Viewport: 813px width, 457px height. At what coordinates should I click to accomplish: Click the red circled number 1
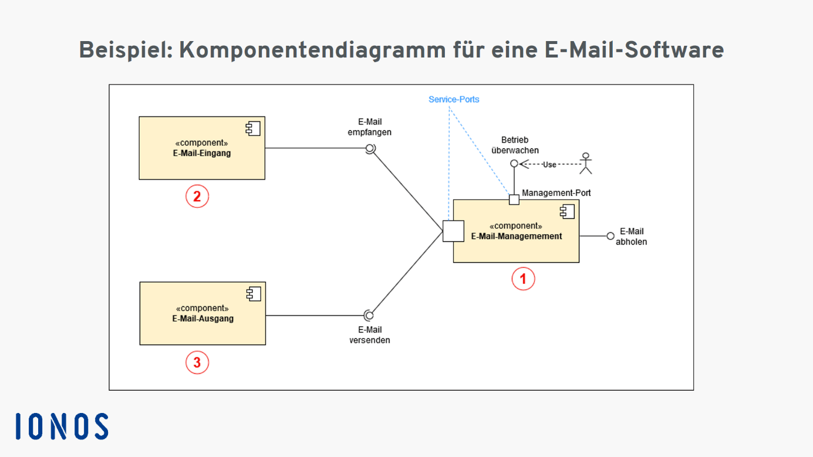pos(523,279)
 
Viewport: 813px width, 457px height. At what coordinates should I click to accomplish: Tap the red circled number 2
pos(197,196)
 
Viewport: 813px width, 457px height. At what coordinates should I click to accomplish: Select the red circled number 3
pos(197,363)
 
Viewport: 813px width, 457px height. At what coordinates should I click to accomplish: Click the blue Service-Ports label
pos(454,99)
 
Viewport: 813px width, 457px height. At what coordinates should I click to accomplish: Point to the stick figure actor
pos(585,164)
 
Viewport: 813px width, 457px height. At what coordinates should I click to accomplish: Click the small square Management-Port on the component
pos(514,199)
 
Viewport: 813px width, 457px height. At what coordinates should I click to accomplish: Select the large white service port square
pos(453,231)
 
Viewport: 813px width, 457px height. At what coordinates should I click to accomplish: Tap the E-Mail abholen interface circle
pos(610,236)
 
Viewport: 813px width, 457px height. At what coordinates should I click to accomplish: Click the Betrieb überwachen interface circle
pos(514,164)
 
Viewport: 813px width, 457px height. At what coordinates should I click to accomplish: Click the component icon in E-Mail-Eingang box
pos(253,128)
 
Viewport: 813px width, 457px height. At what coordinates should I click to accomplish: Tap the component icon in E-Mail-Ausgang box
pos(254,294)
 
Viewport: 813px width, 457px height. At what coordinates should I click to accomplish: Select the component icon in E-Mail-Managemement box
pos(567,211)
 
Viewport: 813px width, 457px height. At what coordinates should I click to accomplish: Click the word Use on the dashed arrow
pos(549,165)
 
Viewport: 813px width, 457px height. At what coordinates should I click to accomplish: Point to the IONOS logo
pos(62,426)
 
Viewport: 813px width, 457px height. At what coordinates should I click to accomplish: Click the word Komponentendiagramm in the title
pos(312,50)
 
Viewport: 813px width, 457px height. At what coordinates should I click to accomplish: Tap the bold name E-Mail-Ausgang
pos(203,319)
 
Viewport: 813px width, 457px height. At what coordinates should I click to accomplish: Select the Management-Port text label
pos(556,193)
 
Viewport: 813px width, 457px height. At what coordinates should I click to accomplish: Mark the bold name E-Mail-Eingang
pos(202,153)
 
